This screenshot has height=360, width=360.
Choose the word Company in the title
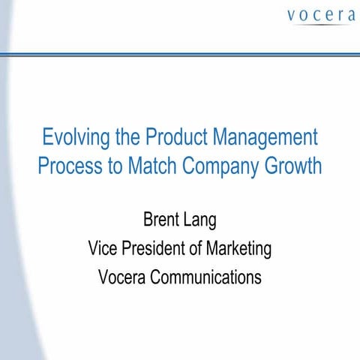pyautogui.click(x=222, y=166)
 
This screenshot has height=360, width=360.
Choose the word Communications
pyautogui.click(x=206, y=277)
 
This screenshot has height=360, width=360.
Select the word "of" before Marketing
pyautogui.click(x=198, y=248)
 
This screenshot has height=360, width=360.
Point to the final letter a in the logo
pyautogui.click(x=348, y=15)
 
